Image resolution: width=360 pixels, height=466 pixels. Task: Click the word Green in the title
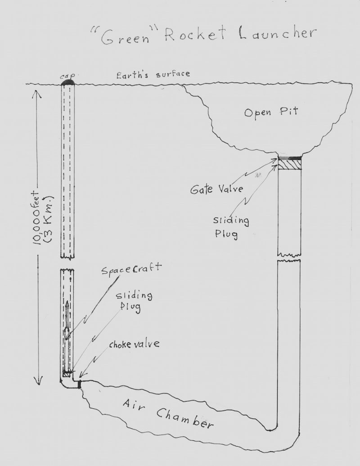point(125,37)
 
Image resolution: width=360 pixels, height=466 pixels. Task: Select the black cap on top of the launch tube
point(67,81)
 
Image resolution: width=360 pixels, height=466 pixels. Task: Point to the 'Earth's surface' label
point(153,74)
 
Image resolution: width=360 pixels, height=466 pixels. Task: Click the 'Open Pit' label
point(271,112)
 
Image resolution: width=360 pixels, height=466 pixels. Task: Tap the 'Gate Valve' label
point(217,188)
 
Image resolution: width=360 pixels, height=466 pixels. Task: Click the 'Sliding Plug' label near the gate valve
point(231,227)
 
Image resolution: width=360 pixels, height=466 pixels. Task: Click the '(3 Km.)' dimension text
point(49,219)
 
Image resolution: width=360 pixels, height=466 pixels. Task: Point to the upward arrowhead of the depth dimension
point(37,94)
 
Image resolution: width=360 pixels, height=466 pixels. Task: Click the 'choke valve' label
point(134,344)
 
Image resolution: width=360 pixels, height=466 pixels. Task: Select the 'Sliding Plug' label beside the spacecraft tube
point(134,301)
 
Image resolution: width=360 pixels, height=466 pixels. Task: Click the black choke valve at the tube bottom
point(79,384)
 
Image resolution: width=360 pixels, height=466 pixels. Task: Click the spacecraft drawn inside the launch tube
point(67,336)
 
